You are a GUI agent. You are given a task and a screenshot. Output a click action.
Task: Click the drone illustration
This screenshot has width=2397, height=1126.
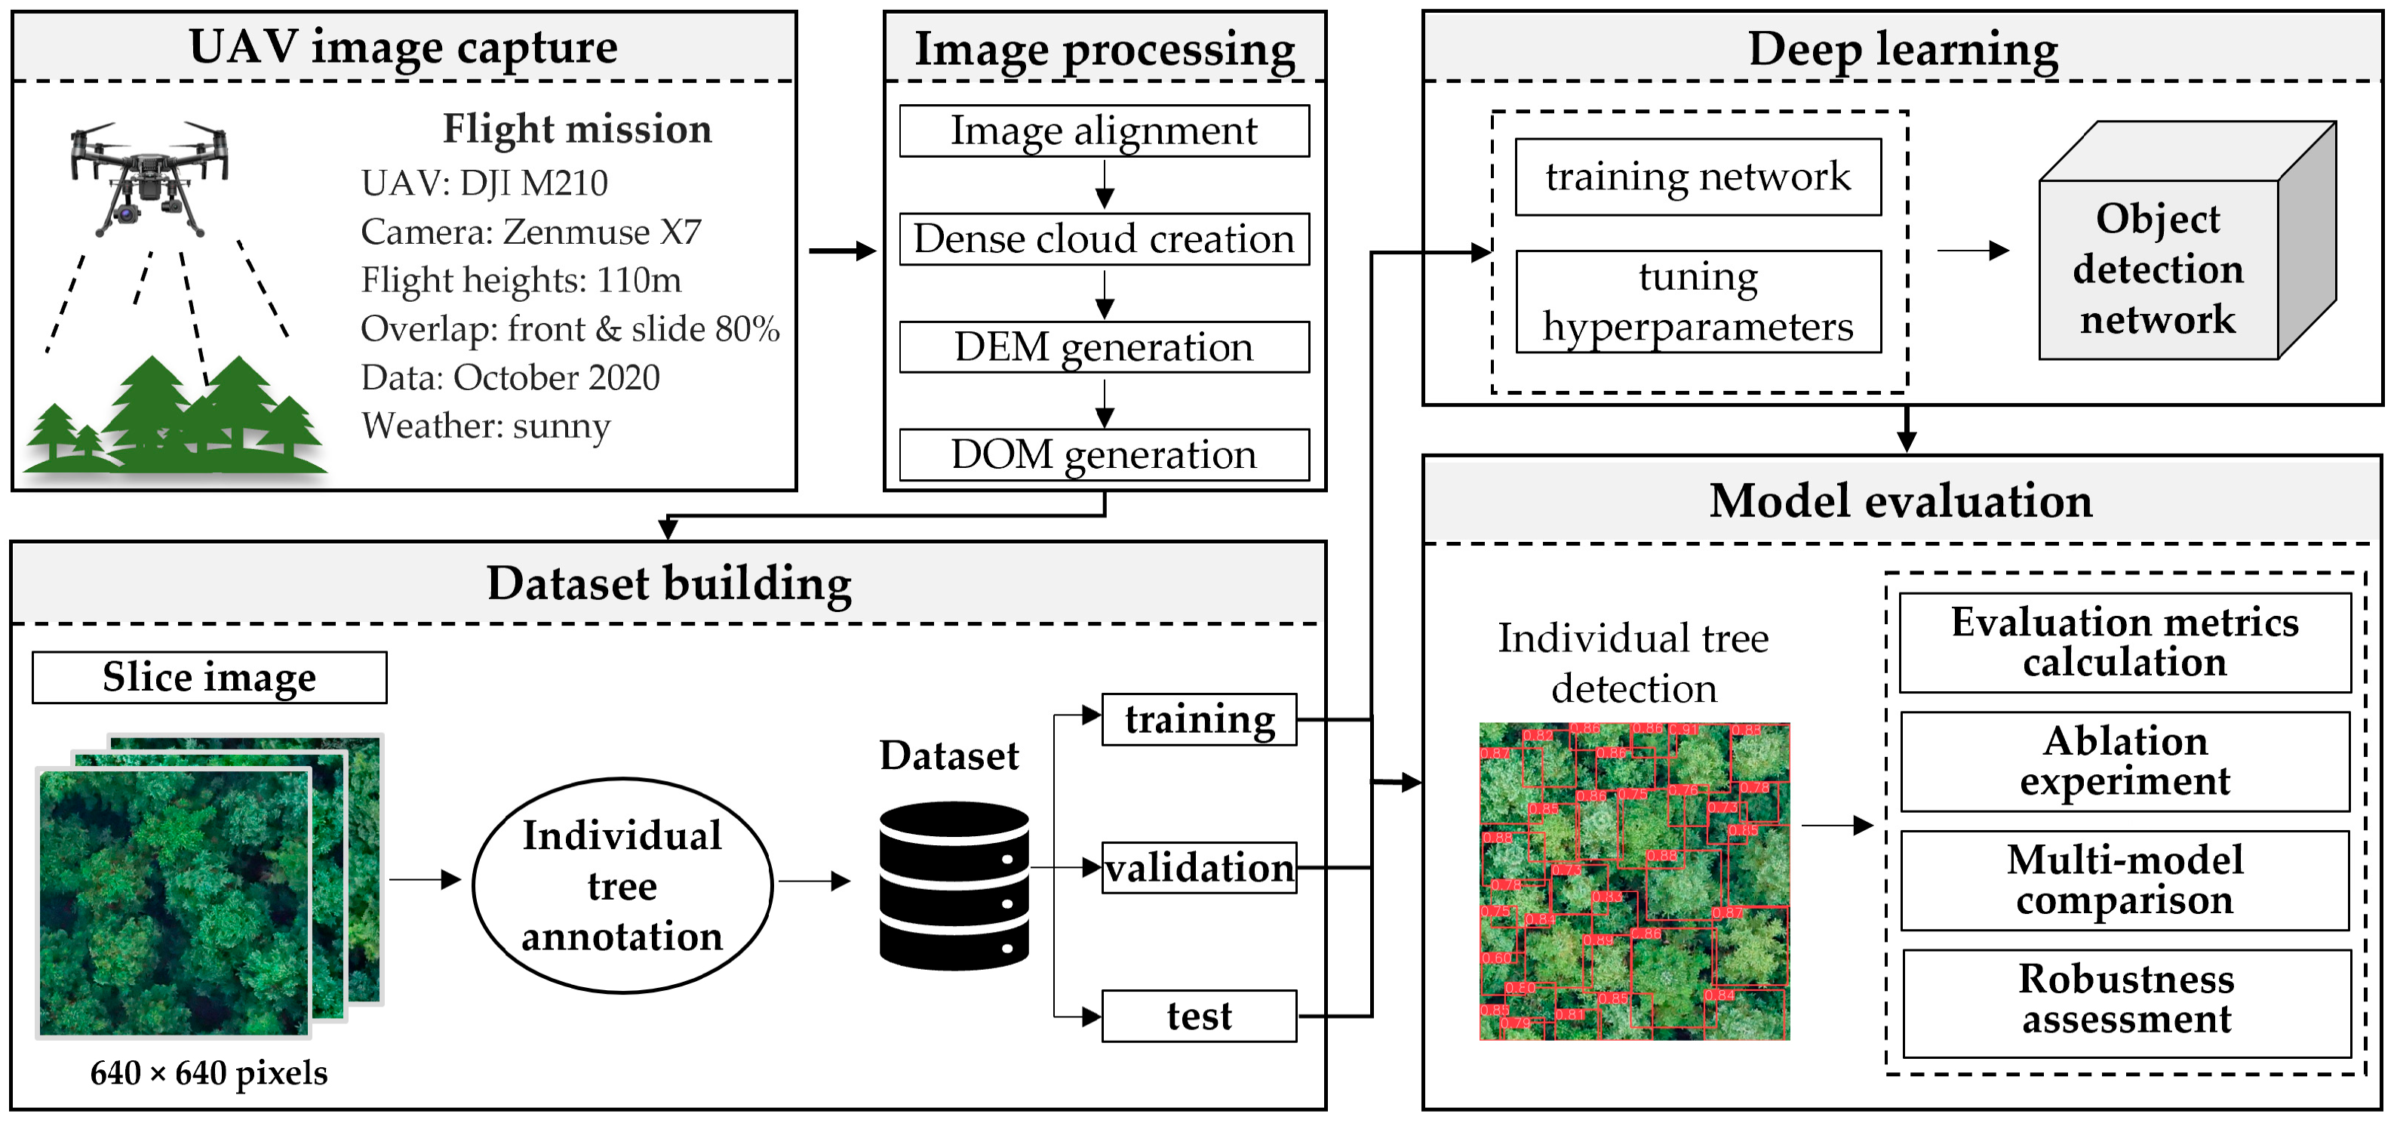(149, 177)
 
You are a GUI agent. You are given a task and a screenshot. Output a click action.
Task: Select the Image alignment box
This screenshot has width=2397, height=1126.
(1104, 131)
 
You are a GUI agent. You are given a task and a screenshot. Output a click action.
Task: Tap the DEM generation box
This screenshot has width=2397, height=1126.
(1104, 347)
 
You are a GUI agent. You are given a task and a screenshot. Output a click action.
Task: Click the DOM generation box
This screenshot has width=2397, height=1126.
(1104, 455)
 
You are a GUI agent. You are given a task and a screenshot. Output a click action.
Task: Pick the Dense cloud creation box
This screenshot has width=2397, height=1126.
(1104, 239)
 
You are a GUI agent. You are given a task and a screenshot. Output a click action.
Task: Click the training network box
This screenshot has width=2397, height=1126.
(1698, 177)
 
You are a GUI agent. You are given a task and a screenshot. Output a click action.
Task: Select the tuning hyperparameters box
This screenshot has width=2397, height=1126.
(1698, 302)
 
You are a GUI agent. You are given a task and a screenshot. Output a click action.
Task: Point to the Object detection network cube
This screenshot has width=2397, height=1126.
(2168, 260)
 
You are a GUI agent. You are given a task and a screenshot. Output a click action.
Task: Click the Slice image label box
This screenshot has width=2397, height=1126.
(209, 678)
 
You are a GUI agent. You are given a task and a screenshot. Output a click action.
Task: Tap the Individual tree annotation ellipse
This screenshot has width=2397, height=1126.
(622, 886)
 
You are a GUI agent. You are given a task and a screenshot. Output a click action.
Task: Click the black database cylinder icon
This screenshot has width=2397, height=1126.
(954, 886)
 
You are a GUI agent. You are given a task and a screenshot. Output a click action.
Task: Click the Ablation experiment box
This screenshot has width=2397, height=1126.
(2125, 761)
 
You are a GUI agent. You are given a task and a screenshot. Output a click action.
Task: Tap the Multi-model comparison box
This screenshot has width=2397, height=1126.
(2125, 880)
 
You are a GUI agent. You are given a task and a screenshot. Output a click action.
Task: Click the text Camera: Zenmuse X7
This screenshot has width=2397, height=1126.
(530, 232)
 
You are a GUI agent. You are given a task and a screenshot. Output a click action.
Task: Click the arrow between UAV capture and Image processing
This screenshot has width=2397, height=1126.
(841, 251)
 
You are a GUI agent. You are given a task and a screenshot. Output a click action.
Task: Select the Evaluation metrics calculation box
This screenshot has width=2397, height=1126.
(2125, 642)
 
